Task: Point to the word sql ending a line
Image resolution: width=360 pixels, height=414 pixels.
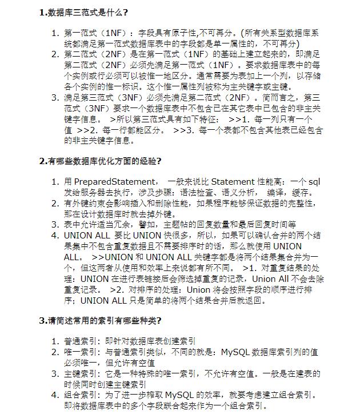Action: tap(314, 182)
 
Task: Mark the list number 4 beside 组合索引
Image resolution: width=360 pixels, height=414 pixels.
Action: tap(55, 395)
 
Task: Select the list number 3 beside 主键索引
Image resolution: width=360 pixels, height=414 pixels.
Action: tap(55, 373)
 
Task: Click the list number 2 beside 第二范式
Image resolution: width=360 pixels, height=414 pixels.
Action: tap(55, 54)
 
